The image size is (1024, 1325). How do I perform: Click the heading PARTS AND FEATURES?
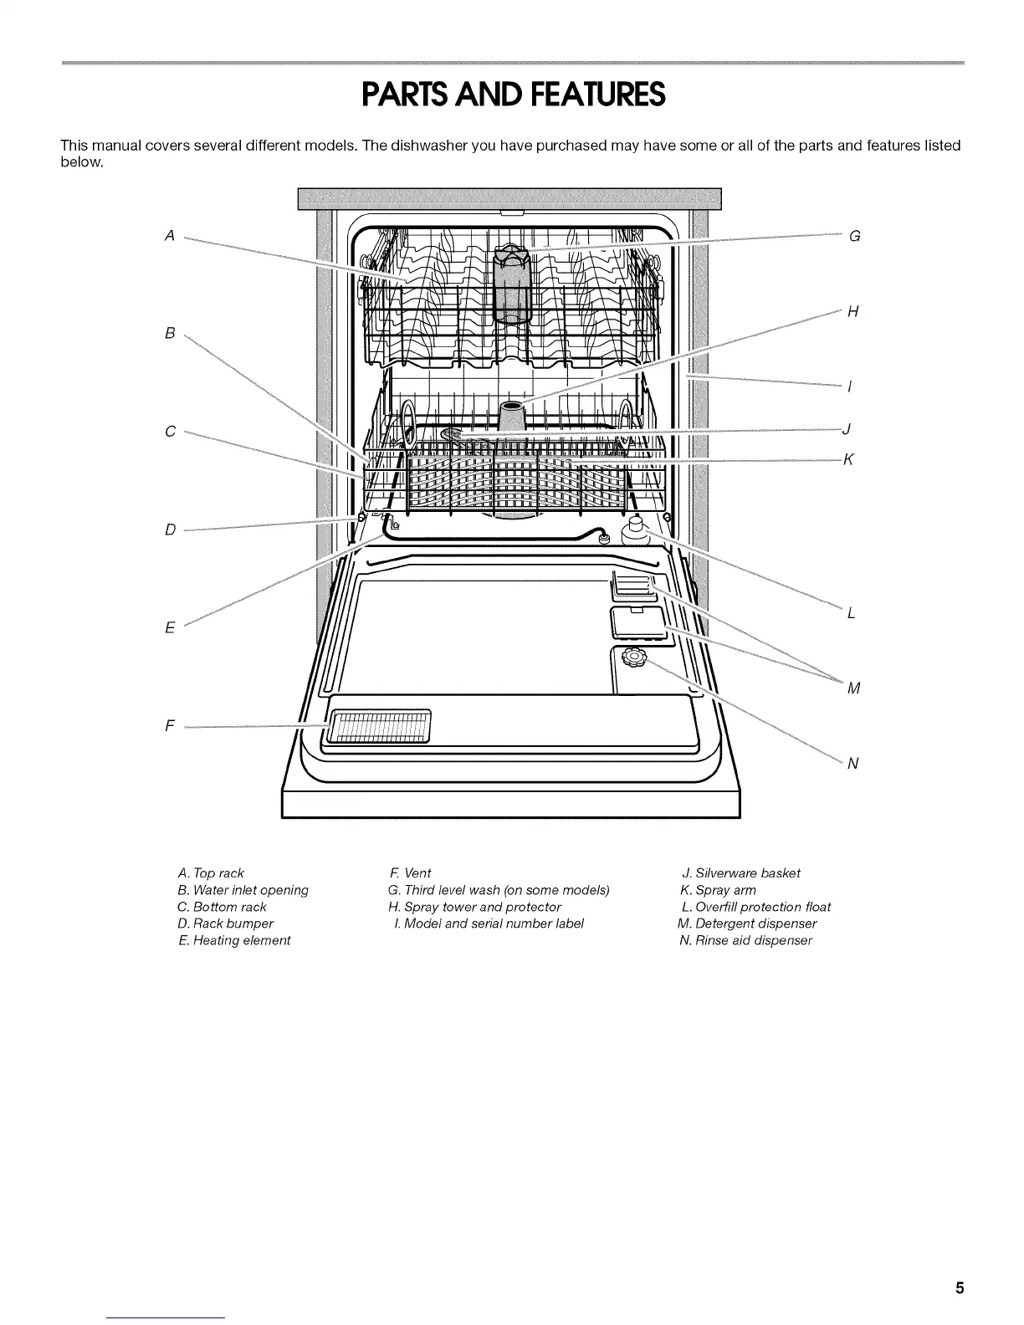pyautogui.click(x=512, y=95)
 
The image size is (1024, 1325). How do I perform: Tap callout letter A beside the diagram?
pyautogui.click(x=170, y=236)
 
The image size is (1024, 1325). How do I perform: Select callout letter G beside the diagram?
pyautogui.click(x=854, y=236)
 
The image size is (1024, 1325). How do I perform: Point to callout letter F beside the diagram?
pyautogui.click(x=170, y=726)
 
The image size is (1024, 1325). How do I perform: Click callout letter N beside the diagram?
pyautogui.click(x=853, y=763)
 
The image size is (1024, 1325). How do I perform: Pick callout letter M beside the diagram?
pyautogui.click(x=853, y=688)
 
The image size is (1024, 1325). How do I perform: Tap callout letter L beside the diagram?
pyautogui.click(x=852, y=613)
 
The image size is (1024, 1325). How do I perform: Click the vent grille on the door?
pyautogui.click(x=381, y=723)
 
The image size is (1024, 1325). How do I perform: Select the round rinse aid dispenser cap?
pyautogui.click(x=633, y=658)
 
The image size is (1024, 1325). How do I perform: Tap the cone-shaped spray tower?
pyautogui.click(x=511, y=416)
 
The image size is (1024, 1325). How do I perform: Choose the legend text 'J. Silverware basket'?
pyautogui.click(x=741, y=873)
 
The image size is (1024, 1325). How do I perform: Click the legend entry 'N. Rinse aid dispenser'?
pyautogui.click(x=745, y=940)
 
